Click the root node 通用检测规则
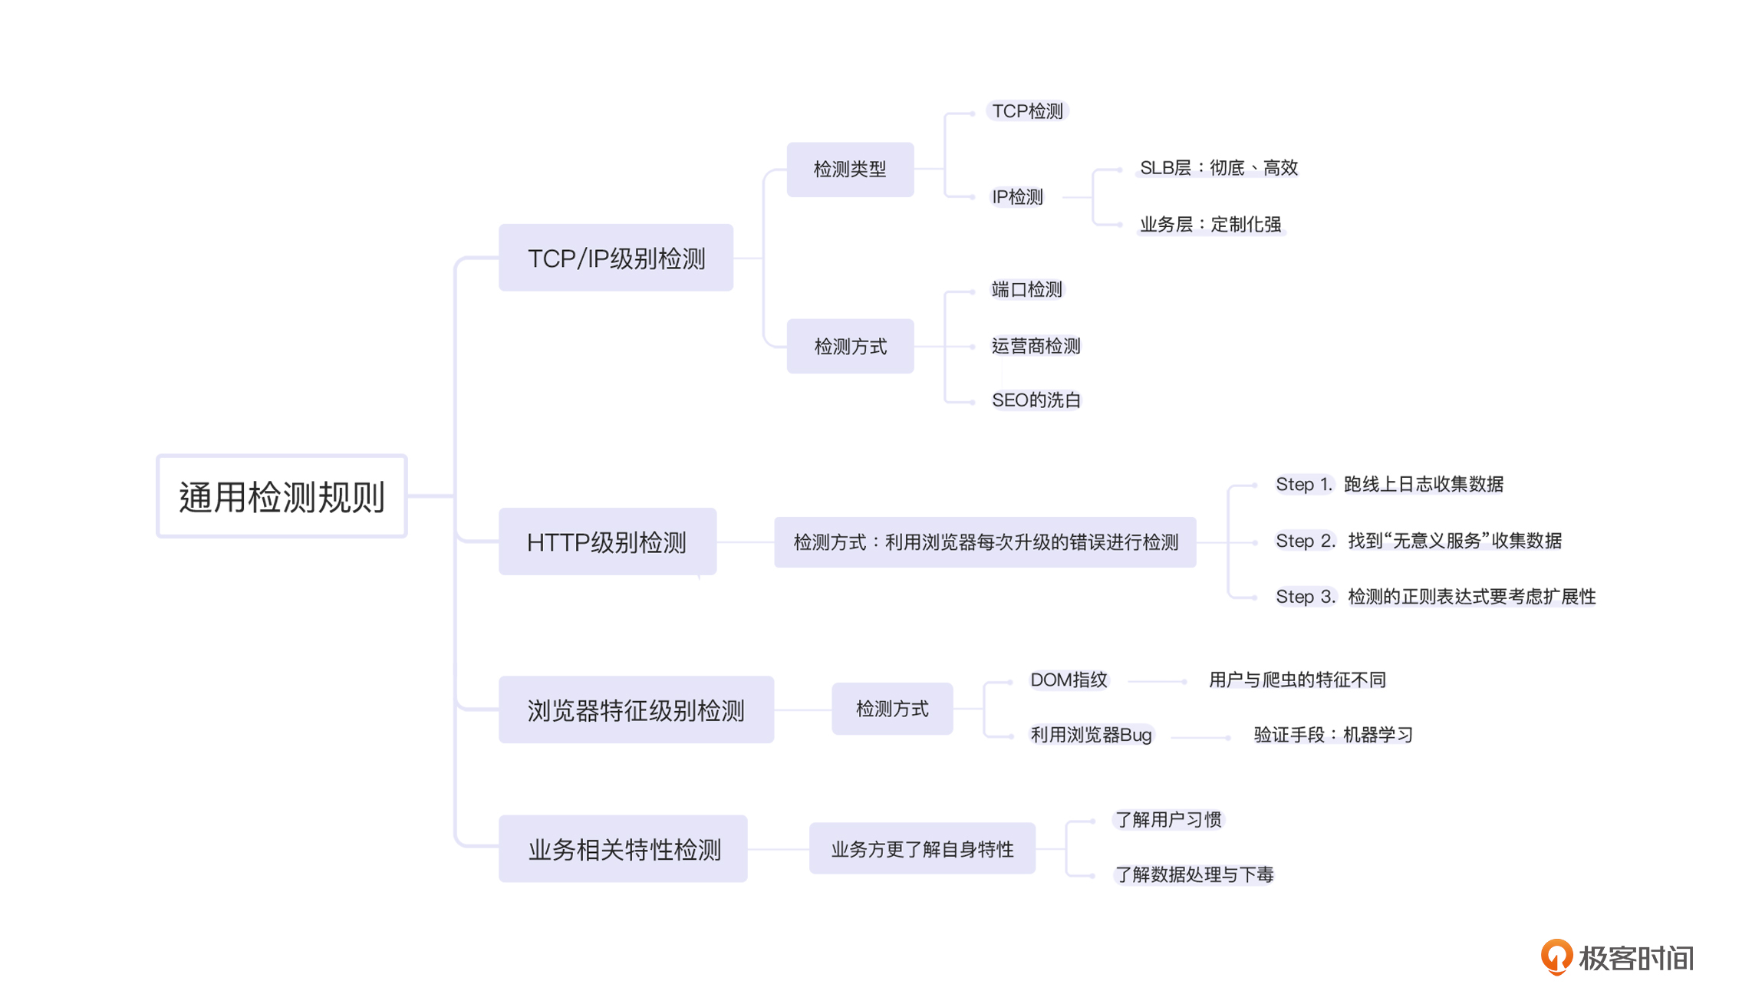[282, 496]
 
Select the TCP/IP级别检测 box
[616, 258]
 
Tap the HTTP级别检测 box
[608, 542]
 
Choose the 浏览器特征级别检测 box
[636, 709]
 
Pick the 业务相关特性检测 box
[623, 848]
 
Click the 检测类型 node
[850, 170]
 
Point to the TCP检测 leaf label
[1027, 111]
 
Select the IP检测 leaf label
[1017, 197]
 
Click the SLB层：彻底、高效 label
[1218, 168]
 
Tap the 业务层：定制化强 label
[1210, 224]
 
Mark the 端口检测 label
[1027, 289]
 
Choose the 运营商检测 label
[1036, 346]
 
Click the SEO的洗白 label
[1036, 400]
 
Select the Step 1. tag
[1304, 484]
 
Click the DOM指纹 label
[1069, 680]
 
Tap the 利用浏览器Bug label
[1091, 735]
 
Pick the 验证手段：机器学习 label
[1332, 735]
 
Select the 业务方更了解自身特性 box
[922, 848]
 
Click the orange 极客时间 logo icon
[1556, 956]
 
